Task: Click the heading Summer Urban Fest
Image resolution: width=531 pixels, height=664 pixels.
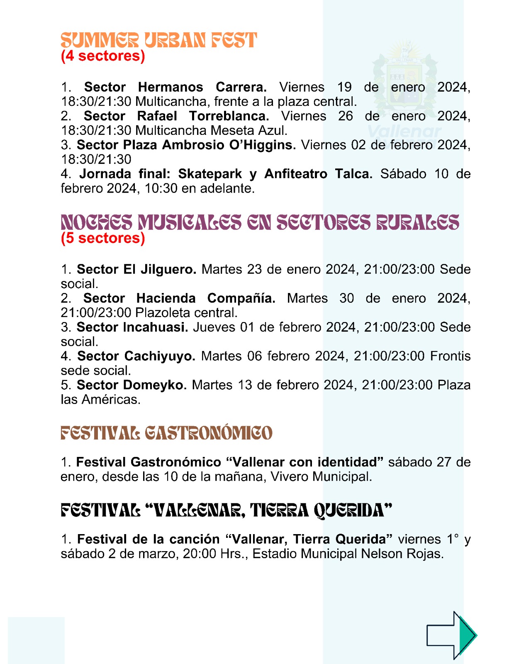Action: (x=159, y=41)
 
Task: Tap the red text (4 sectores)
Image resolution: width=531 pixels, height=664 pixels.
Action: (x=103, y=56)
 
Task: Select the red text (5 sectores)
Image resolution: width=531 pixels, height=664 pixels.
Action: (x=103, y=238)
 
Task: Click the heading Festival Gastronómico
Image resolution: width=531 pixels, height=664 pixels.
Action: (x=166, y=433)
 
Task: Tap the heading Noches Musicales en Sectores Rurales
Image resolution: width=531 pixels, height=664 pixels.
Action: (x=260, y=222)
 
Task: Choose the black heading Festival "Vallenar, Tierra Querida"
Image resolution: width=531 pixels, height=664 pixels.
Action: (x=227, y=510)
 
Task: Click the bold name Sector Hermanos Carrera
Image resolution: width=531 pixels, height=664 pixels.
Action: (x=175, y=87)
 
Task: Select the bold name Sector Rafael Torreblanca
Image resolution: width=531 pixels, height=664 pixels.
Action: (x=176, y=116)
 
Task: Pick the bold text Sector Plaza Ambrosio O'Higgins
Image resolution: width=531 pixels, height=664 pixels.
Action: (x=186, y=145)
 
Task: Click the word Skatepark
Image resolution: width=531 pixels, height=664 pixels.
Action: (x=210, y=174)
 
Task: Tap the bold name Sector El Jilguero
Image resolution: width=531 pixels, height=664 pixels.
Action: (x=136, y=269)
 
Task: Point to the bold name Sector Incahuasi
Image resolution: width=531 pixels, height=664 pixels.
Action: (x=132, y=327)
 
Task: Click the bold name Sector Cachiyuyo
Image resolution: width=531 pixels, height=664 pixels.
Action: (x=136, y=356)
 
